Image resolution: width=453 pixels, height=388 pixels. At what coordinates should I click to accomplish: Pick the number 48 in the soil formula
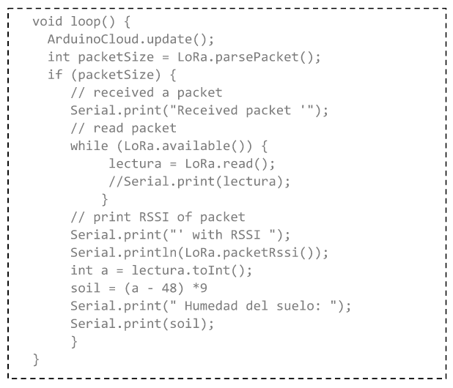coord(158,288)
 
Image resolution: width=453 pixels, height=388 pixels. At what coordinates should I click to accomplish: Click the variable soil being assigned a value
coord(84,288)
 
